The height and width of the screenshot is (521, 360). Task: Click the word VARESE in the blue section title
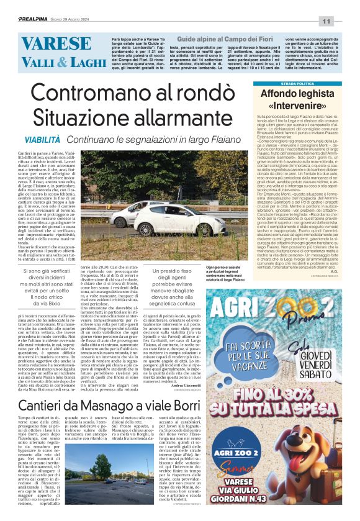click(48, 45)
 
